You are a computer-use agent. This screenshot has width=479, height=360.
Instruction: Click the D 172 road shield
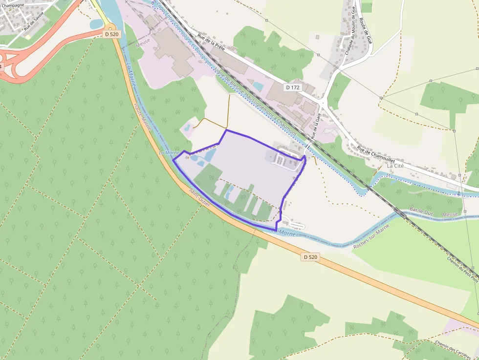(x=293, y=87)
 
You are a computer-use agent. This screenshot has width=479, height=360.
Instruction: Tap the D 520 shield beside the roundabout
(x=112, y=34)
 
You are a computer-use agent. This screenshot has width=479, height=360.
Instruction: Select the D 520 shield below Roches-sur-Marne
(x=310, y=257)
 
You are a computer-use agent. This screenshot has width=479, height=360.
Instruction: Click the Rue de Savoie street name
(x=34, y=21)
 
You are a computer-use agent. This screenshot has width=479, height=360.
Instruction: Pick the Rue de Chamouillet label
(x=376, y=155)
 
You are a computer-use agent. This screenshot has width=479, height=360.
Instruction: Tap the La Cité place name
(x=395, y=166)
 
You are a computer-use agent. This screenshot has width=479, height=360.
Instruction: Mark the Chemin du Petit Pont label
(x=462, y=269)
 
